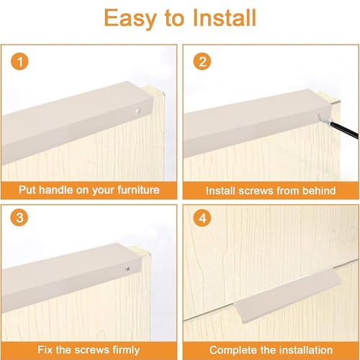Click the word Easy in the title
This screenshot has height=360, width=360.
point(130,19)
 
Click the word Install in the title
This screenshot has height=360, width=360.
point(225,18)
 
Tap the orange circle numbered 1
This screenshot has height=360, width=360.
point(19,61)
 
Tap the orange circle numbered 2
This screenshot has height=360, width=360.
point(202,61)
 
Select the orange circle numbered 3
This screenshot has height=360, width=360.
point(19,217)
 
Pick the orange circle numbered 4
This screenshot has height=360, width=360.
point(202,218)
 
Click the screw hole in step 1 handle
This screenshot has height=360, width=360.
point(138,111)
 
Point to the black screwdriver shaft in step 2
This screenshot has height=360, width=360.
point(343,130)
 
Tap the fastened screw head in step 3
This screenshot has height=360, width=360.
point(128,269)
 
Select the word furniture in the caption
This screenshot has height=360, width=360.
point(138,190)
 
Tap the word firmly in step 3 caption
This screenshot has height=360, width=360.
point(126,350)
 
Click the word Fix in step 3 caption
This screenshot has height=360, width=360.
point(45,350)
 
